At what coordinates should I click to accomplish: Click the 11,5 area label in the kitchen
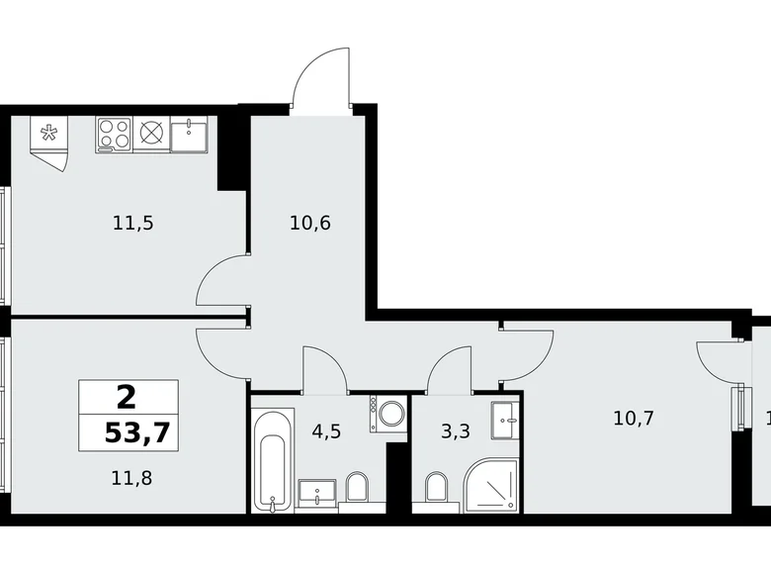point(133,223)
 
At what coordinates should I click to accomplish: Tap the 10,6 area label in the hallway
point(311,223)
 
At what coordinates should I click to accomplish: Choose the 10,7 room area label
point(634,418)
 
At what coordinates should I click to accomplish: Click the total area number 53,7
point(128,432)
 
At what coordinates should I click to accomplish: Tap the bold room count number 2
point(126,398)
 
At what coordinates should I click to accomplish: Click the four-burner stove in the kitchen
point(114,135)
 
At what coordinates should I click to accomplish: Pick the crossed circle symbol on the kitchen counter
point(151,135)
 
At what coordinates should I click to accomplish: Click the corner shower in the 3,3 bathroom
point(493,486)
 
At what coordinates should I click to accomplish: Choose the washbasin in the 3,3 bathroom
point(505,421)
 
